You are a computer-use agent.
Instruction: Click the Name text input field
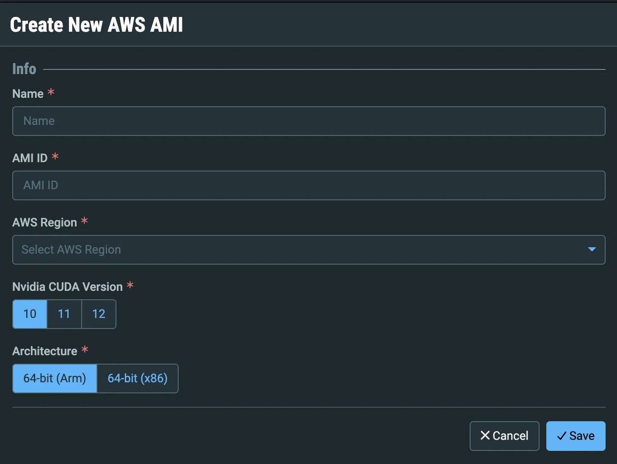(308, 121)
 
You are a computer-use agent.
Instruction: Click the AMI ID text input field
(308, 185)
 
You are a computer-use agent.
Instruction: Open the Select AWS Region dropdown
(308, 250)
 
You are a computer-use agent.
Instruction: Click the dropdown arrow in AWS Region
(592, 249)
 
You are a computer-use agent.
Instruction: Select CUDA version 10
(30, 314)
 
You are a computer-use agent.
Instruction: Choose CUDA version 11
(64, 314)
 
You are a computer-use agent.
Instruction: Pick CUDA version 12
(99, 314)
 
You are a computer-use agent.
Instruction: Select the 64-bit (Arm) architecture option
(55, 378)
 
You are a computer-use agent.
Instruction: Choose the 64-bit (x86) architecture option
(138, 378)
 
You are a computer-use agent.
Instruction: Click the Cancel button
(504, 436)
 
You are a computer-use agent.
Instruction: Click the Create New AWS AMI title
(96, 25)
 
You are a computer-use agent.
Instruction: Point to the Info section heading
(24, 69)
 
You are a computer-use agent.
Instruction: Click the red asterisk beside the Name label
(51, 92)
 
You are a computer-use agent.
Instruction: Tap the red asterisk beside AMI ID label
(55, 156)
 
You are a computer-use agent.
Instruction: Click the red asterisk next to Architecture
(85, 350)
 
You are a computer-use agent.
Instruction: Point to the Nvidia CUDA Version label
(67, 287)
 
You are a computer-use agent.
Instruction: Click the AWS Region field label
(45, 223)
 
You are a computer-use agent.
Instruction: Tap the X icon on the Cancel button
(485, 435)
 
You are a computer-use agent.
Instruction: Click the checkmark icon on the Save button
(562, 436)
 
